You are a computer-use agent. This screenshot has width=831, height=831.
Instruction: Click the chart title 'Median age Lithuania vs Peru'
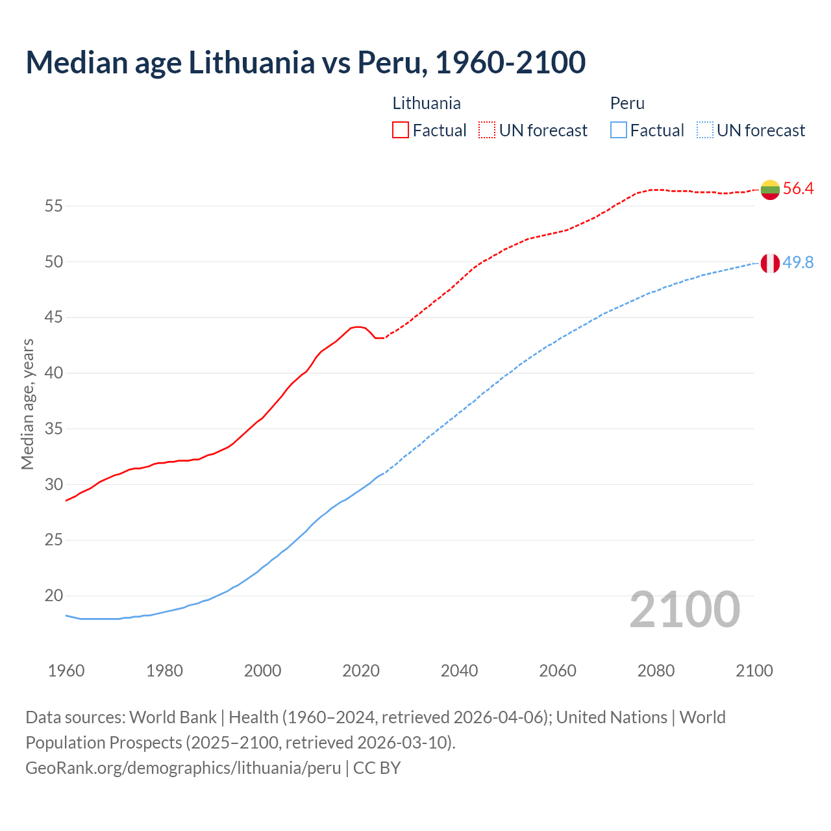[305, 62]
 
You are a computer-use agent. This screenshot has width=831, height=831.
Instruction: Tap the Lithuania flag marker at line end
[770, 190]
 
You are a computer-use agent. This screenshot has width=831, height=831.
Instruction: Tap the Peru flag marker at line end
[770, 263]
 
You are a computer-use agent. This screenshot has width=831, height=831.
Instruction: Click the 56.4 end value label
[798, 189]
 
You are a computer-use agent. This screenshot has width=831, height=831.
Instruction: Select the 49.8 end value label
[798, 262]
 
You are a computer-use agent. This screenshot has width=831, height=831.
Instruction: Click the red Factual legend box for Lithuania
[401, 130]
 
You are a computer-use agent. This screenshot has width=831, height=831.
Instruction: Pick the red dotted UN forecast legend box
[487, 130]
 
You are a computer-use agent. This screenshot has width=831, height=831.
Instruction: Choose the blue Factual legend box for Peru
[619, 130]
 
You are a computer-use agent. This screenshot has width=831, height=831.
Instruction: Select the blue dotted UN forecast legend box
[705, 130]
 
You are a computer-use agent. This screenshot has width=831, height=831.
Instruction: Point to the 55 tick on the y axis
[53, 206]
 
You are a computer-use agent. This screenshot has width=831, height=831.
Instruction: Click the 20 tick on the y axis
[53, 595]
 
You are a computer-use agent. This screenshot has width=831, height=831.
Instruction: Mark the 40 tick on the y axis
[53, 373]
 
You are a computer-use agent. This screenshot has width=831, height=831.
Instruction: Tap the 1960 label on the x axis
[66, 671]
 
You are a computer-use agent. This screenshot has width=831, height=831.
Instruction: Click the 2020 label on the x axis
[361, 671]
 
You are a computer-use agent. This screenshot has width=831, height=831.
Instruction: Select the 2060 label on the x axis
[558, 671]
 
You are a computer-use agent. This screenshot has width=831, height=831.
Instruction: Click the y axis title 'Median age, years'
[27, 404]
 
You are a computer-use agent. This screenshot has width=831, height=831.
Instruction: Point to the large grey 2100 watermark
[685, 609]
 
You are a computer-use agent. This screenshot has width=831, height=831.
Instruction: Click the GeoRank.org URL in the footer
[183, 768]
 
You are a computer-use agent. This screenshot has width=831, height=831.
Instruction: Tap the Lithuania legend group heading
[427, 103]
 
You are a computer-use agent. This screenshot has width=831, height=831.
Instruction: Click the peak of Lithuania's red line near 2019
[357, 327]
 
